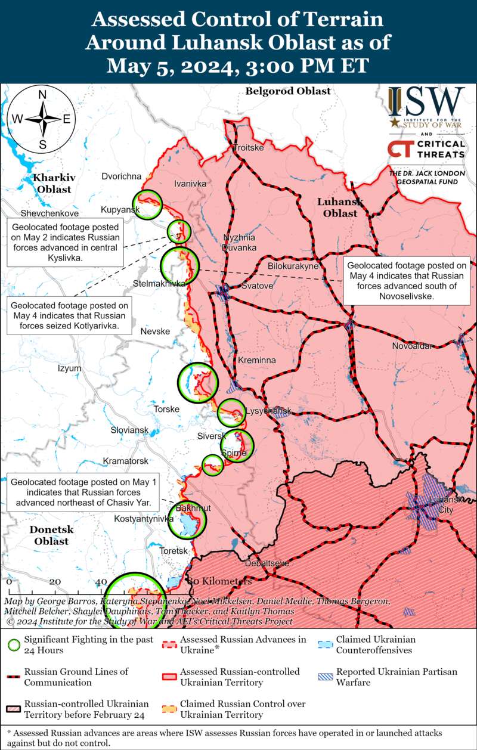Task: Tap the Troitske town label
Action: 247,148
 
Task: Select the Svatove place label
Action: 257,286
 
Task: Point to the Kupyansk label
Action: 120,210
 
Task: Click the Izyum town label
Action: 69,368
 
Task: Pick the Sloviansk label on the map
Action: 129,430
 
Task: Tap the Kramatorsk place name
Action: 125,461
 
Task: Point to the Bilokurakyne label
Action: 293,266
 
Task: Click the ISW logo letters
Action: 426,103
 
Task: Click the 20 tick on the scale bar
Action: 55,582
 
